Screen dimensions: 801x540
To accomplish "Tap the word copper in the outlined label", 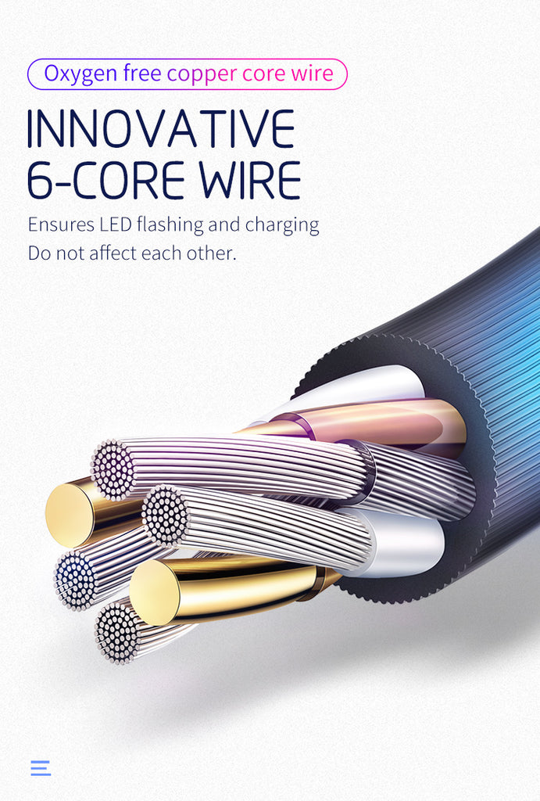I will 202,74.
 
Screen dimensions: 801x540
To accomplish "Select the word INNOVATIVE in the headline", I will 161,129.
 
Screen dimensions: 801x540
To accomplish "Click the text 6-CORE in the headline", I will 106,180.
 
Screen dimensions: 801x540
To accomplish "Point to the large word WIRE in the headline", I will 249,180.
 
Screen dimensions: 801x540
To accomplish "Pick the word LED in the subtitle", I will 115,225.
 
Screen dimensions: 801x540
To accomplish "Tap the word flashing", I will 170,225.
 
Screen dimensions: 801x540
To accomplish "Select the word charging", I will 282,225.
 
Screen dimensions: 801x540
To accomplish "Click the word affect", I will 128,253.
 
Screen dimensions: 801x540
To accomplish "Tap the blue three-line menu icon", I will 41,767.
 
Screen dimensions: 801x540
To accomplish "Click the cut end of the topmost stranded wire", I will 113,469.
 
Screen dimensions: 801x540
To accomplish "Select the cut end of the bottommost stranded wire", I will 117,632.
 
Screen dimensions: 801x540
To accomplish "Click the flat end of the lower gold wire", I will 154,592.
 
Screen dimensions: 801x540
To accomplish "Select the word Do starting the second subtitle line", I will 38,253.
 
